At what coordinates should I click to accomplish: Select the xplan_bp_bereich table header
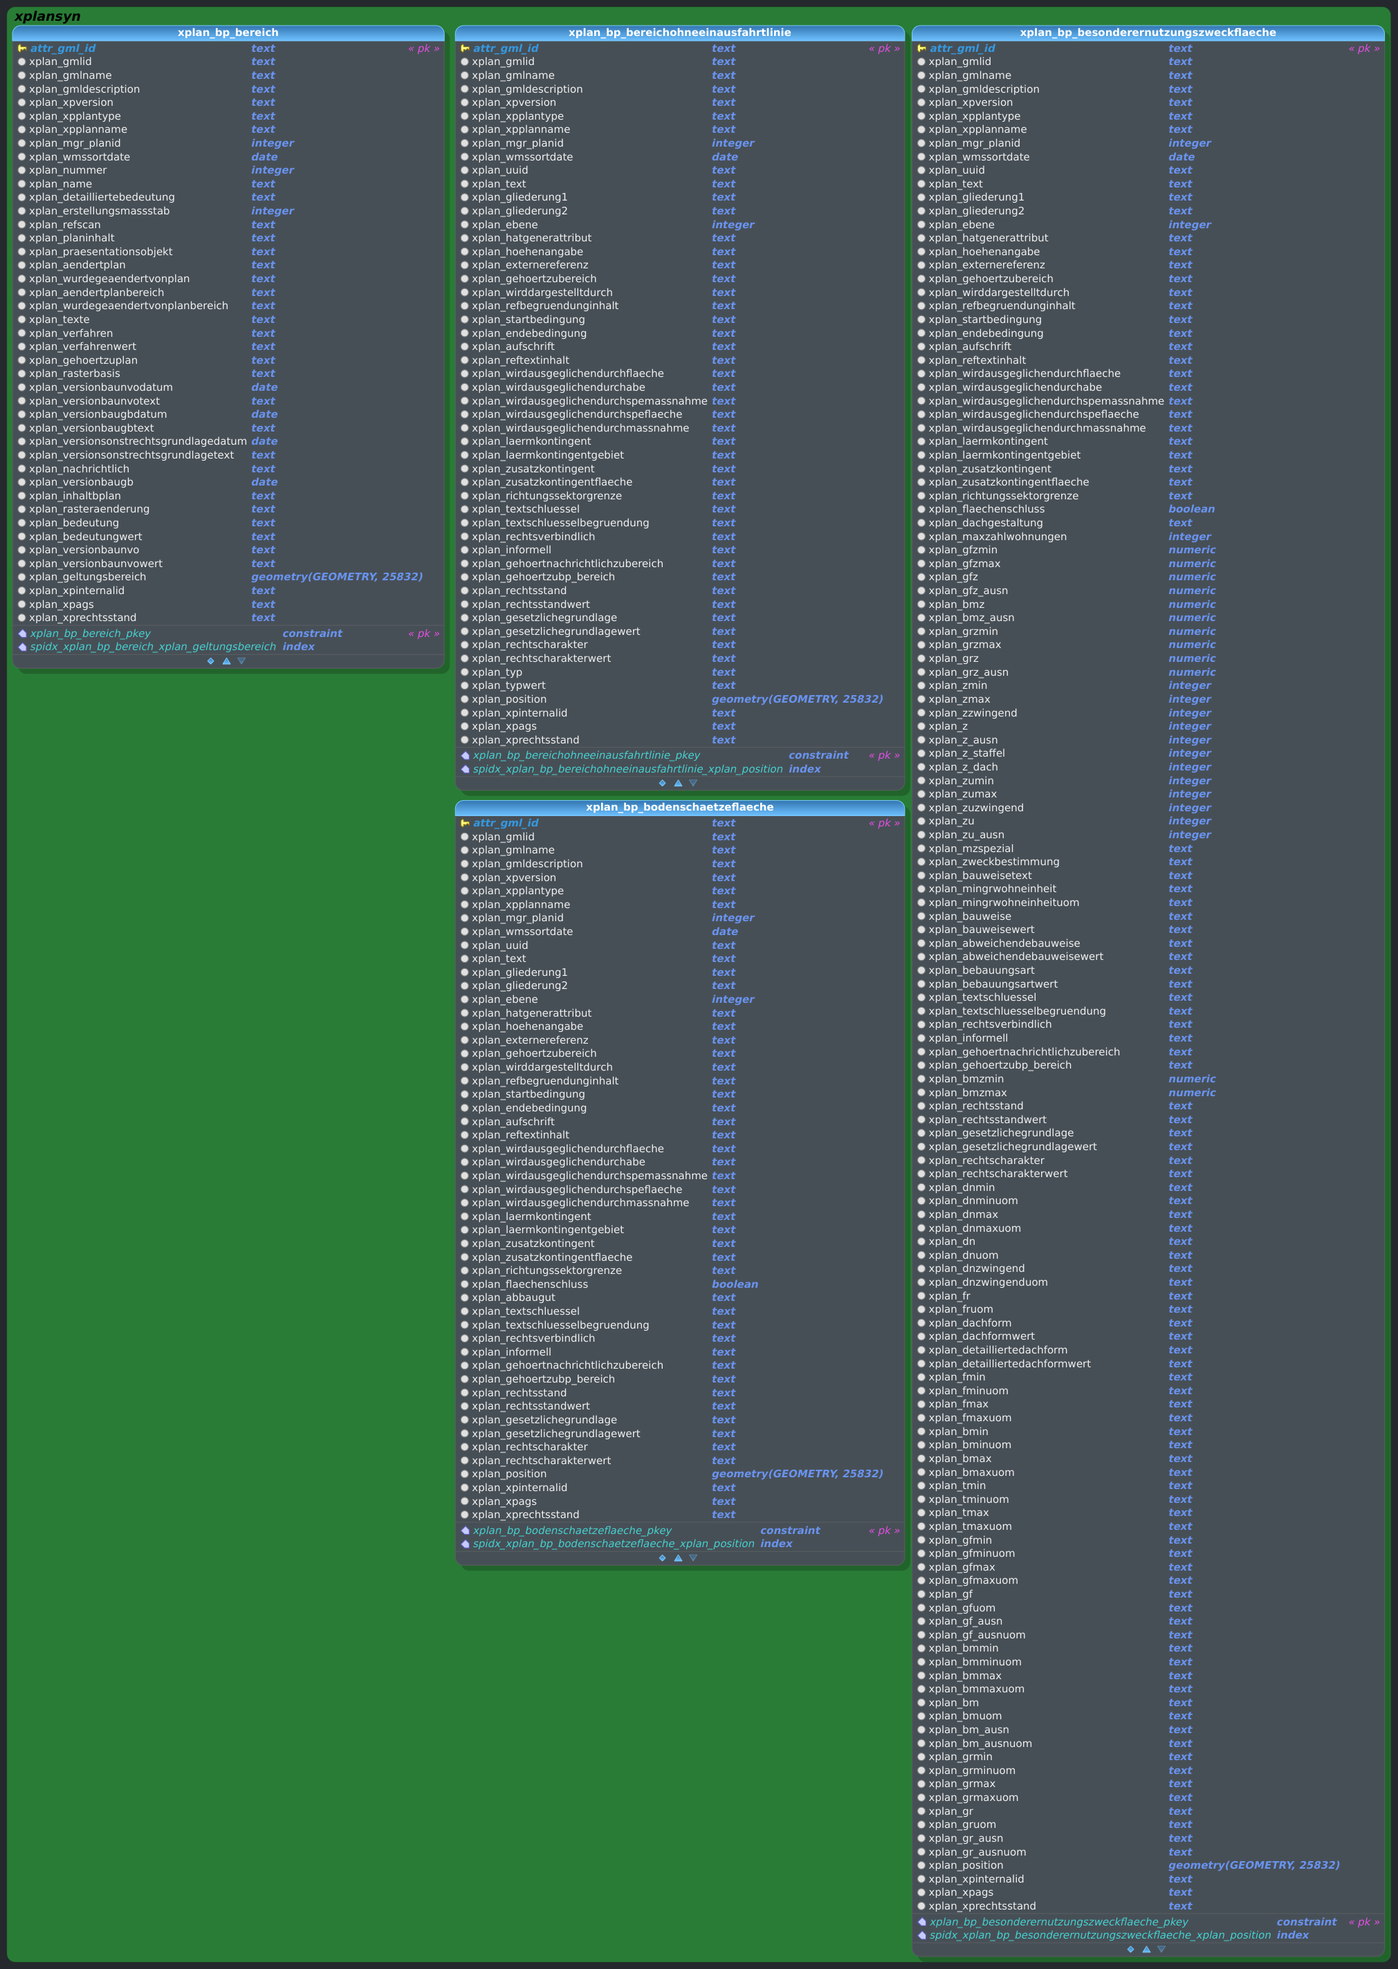point(228,33)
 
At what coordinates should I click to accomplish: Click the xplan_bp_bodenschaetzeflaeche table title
point(679,807)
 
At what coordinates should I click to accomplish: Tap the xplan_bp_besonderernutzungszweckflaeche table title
point(1148,33)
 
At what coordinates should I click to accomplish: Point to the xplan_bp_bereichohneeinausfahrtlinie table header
point(679,33)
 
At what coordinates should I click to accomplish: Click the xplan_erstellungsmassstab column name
point(99,211)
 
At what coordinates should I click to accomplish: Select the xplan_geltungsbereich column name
point(87,577)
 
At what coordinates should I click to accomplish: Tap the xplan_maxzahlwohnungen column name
point(997,536)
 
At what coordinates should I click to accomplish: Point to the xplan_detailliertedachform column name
point(997,1350)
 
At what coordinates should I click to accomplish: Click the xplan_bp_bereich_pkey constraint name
point(91,634)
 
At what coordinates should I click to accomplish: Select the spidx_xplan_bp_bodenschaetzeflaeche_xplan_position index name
point(613,1544)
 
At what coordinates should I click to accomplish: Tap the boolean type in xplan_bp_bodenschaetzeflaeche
point(735,1284)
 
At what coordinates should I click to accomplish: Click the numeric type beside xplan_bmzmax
point(1191,1093)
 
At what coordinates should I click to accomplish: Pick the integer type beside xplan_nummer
point(272,170)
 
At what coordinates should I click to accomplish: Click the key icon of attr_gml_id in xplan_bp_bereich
point(22,48)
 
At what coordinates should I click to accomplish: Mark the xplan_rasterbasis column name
point(74,373)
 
